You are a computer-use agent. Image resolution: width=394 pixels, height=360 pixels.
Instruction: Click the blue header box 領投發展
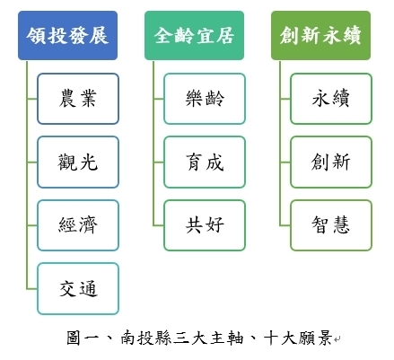pos(67,36)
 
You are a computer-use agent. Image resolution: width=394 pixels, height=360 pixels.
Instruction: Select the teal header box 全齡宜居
pos(194,36)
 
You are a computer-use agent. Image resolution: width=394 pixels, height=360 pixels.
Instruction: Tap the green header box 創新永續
pos(320,36)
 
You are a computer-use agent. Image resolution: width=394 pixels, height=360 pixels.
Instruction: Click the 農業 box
pos(78,99)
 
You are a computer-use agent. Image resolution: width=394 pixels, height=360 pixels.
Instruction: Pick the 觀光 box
pos(78,162)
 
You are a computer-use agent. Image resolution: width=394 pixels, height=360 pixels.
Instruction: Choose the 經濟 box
pos(78,225)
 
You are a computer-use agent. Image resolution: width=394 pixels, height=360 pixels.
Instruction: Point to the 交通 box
pos(78,289)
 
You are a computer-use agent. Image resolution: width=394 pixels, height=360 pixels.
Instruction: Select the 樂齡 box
pos(205,99)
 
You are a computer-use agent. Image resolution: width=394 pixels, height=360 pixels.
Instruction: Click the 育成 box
pos(205,162)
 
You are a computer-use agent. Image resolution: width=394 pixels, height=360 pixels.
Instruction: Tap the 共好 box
pos(205,225)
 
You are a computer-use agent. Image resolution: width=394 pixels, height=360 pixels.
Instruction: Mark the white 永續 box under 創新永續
pos(331,99)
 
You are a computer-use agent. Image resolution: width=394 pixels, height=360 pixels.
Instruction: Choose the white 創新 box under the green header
pos(331,162)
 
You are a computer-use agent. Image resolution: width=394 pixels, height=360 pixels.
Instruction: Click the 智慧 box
pos(331,225)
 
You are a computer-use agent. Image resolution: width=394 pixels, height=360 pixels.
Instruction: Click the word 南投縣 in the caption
pos(145,338)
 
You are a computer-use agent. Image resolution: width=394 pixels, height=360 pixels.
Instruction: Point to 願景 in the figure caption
pos(315,338)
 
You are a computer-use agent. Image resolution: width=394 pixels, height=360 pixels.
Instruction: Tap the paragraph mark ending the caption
pos(337,339)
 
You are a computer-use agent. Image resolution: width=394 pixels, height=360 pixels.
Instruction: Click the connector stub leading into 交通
pos(32,289)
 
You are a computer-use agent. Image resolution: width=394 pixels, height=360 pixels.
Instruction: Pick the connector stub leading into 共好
pos(159,225)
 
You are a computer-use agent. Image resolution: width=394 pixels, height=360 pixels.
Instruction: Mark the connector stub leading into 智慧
pos(285,225)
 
